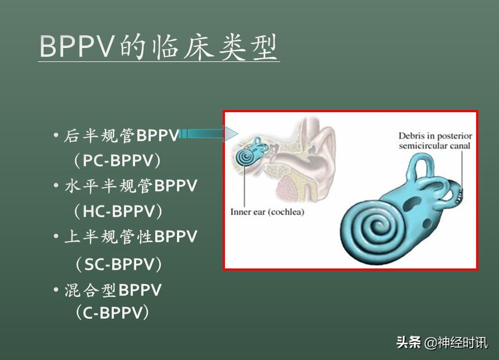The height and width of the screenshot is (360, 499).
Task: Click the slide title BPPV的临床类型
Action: click(x=159, y=47)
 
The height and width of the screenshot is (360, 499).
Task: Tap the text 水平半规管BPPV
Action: click(x=131, y=186)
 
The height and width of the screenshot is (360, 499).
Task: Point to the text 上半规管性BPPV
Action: click(x=131, y=237)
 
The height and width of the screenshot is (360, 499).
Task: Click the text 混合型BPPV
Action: click(x=113, y=290)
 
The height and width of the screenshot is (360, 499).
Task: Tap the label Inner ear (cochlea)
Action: click(x=267, y=212)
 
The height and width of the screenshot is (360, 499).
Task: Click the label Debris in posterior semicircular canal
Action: click(x=435, y=141)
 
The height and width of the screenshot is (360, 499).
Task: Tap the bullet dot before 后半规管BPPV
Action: click(x=56, y=136)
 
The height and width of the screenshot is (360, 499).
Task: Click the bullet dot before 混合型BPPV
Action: click(x=56, y=290)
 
